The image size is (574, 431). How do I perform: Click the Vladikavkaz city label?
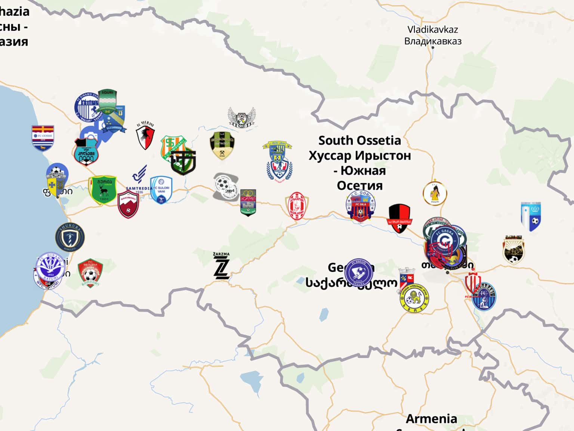(x=433, y=35)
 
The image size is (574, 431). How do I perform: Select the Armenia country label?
(x=431, y=419)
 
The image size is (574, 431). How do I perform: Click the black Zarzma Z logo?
(x=221, y=266)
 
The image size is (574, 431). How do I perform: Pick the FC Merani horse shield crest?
(x=145, y=136)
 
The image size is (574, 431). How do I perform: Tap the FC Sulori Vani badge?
(x=161, y=190)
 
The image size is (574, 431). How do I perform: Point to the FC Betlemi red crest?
(x=90, y=273)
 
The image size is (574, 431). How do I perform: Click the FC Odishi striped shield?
(x=43, y=138)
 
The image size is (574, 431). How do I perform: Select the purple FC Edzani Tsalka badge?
(x=359, y=272)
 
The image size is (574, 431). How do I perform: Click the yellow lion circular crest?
(x=414, y=299)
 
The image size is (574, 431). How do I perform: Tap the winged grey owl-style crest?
(x=242, y=117)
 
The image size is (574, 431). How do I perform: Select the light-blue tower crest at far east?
(x=531, y=217)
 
